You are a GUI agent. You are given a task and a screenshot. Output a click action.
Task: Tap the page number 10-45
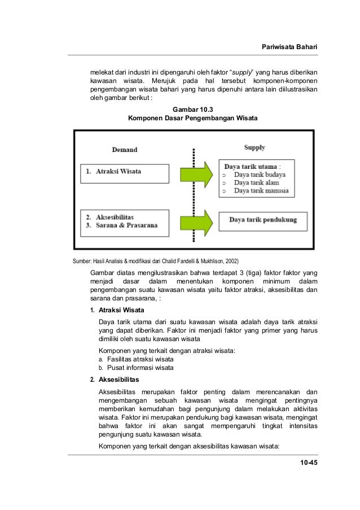[x=309, y=463]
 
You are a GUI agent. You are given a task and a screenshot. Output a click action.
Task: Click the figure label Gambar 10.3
[x=192, y=109]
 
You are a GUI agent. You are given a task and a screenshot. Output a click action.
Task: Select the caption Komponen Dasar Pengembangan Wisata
[x=192, y=119]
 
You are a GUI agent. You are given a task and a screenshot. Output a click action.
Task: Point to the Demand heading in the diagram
[x=124, y=150]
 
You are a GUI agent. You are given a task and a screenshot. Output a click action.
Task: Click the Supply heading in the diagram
[x=254, y=148]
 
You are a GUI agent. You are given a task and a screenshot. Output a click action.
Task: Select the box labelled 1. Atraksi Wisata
[x=124, y=173]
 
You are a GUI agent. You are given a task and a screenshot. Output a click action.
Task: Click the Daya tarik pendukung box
[x=263, y=220]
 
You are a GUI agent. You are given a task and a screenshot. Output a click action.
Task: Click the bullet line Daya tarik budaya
[x=258, y=175]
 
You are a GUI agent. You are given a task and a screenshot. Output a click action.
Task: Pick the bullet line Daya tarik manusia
[x=261, y=191]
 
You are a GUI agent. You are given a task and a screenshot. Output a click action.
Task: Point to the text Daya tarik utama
[x=251, y=167]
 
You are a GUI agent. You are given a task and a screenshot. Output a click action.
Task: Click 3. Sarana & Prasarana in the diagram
[x=121, y=225]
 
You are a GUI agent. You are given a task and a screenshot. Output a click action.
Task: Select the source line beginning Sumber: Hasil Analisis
[x=152, y=261]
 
